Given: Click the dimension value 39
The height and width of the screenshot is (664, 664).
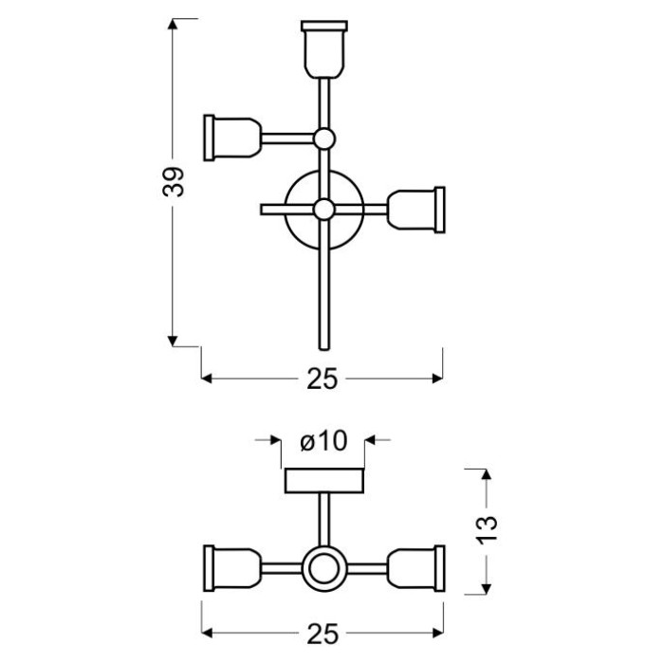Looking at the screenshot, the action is point(174,182).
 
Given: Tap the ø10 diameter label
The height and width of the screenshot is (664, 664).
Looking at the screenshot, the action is point(323,441).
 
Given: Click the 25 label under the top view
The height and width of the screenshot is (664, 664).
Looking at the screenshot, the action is point(323,378).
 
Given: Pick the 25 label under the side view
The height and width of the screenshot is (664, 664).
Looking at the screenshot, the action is point(323,634).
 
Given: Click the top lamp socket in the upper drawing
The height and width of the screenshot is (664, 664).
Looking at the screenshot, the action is point(324,49).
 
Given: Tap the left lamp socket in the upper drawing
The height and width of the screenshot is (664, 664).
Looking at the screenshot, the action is point(232,138).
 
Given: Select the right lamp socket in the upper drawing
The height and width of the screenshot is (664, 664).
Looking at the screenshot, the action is point(415,210).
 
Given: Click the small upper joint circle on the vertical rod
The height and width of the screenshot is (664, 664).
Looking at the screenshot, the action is point(324,138).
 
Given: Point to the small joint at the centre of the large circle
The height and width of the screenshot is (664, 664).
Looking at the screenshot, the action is point(324,210).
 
